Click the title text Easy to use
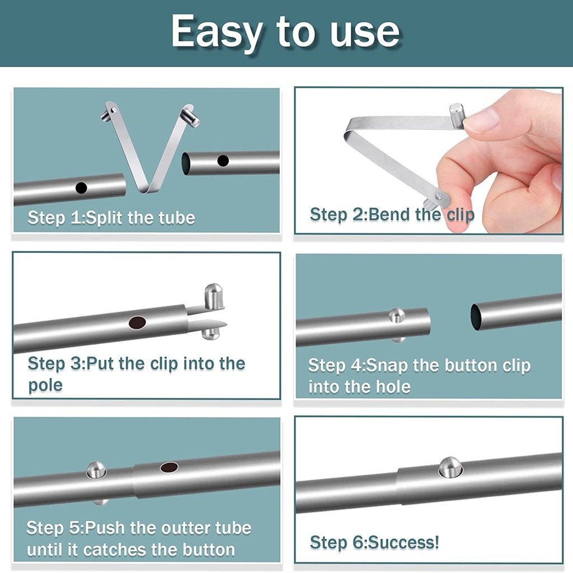pyautogui.click(x=285, y=32)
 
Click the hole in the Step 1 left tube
pyautogui.click(x=82, y=188)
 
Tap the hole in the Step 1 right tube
pyautogui.click(x=223, y=161)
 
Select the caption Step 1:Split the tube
pyautogui.click(x=111, y=218)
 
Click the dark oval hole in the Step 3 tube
pyautogui.click(x=137, y=322)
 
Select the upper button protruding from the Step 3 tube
pyautogui.click(x=213, y=295)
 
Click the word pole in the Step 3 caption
pyautogui.click(x=45, y=385)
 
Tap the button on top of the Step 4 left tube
pyautogui.click(x=397, y=315)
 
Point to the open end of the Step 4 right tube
pyautogui.click(x=476, y=317)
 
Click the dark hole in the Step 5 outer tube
pyautogui.click(x=169, y=467)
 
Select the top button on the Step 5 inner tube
pyautogui.click(x=96, y=469)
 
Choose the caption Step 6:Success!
pyautogui.click(x=374, y=542)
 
